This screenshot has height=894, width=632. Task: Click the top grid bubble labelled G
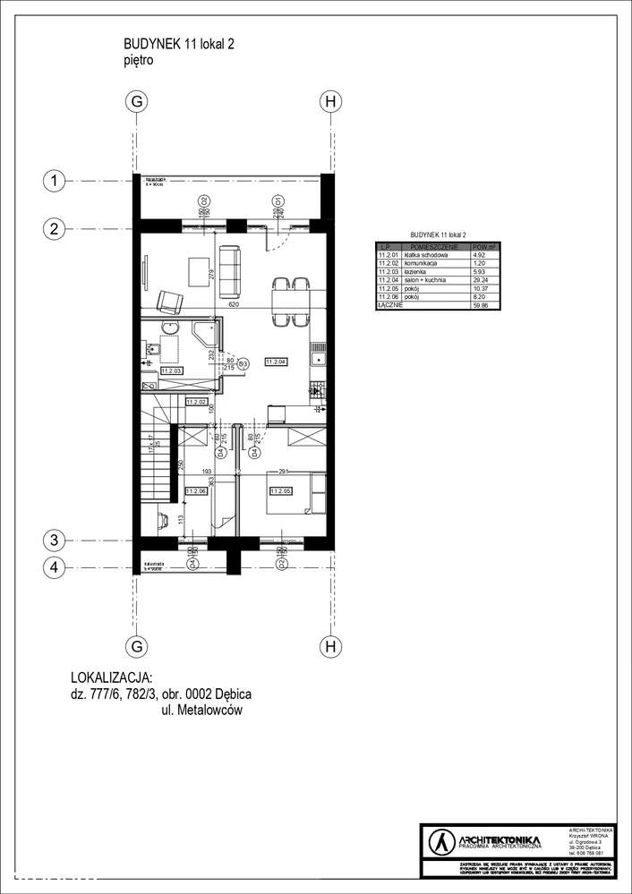pyautogui.click(x=137, y=102)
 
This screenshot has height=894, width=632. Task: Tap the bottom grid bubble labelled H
pyautogui.click(x=330, y=646)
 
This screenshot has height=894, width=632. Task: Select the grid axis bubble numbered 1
pyautogui.click(x=55, y=182)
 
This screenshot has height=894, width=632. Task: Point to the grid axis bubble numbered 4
pyautogui.click(x=55, y=566)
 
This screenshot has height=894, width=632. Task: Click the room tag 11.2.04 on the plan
pyautogui.click(x=275, y=362)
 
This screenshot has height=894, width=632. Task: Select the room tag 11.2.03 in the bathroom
pyautogui.click(x=172, y=370)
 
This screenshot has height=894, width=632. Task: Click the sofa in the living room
pyautogui.click(x=229, y=270)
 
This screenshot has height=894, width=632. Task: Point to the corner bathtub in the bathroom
pyautogui.click(x=205, y=335)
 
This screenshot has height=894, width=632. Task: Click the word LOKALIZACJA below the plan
pyautogui.click(x=111, y=677)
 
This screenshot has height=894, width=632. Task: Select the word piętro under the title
pyautogui.click(x=140, y=61)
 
